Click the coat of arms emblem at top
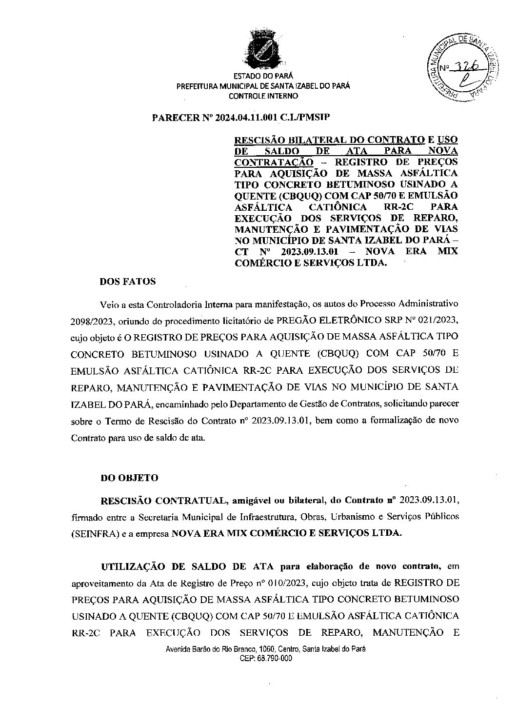click(x=263, y=51)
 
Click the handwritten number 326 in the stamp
click(x=466, y=67)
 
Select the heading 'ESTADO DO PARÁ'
click(x=263, y=76)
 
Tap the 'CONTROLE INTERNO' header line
click(x=263, y=96)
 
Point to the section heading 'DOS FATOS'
click(x=128, y=282)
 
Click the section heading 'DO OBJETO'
click(x=129, y=478)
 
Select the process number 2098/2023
click(x=93, y=320)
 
